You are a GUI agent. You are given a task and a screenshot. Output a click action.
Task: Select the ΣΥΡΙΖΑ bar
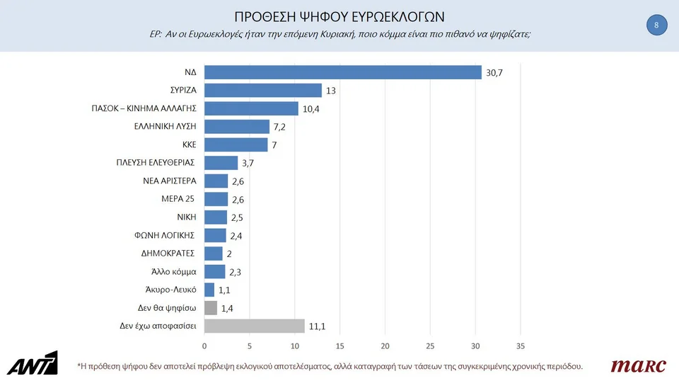click(263, 91)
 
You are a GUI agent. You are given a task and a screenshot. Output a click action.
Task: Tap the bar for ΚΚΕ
click(236, 144)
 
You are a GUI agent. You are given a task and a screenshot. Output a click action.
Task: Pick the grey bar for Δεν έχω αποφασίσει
click(255, 326)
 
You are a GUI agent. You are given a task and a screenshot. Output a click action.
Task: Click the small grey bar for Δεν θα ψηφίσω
click(211, 308)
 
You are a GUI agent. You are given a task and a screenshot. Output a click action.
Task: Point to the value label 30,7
click(494, 73)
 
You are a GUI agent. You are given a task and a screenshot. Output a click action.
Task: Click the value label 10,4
click(311, 109)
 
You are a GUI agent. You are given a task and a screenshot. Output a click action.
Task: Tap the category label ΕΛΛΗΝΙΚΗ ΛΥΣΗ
click(165, 127)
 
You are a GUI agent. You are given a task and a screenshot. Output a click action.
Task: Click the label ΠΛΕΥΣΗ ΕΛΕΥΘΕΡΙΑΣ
click(156, 163)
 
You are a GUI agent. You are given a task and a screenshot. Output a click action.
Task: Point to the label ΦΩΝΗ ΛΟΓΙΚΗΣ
click(166, 235)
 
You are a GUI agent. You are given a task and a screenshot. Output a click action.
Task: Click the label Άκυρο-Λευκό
click(170, 290)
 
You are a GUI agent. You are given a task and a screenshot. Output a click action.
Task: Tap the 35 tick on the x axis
click(521, 346)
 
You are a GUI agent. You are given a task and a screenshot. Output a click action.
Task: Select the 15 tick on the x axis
click(339, 346)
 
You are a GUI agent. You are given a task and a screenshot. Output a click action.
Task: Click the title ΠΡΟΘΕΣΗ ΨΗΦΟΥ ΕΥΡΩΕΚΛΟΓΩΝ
click(339, 16)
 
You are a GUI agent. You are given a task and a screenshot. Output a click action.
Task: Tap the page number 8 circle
click(656, 26)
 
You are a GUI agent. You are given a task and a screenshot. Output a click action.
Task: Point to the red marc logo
click(638, 365)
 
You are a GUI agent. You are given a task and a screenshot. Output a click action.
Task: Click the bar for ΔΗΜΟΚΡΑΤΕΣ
click(214, 254)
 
